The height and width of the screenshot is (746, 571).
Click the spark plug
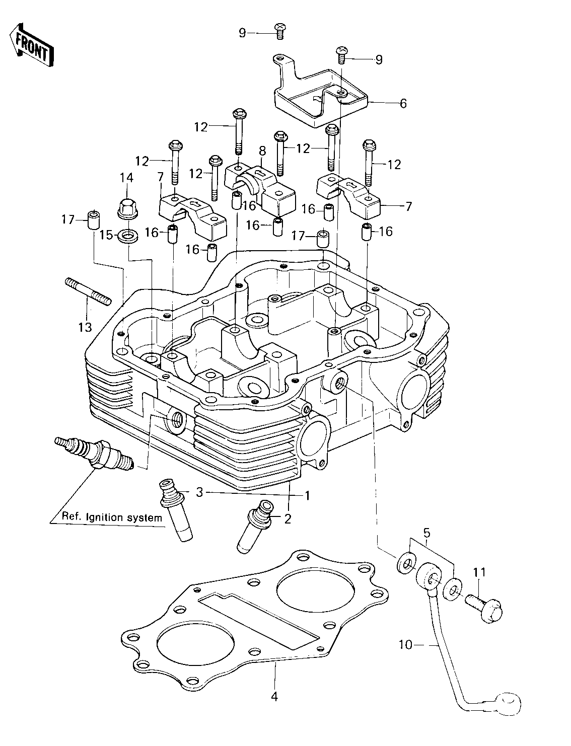pyautogui.click(x=94, y=454)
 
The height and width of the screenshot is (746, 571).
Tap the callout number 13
pyautogui.click(x=85, y=327)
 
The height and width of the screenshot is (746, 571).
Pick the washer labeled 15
pyautogui.click(x=128, y=236)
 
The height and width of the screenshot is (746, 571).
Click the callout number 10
pyautogui.click(x=405, y=644)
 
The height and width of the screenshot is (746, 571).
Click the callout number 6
pyautogui.click(x=403, y=103)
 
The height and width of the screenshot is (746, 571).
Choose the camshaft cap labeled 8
pyautogui.click(x=260, y=191)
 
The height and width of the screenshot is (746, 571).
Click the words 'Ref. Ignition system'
pyautogui.click(x=112, y=517)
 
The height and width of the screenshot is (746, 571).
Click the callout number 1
pyautogui.click(x=307, y=496)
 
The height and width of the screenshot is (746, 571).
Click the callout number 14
pyautogui.click(x=126, y=178)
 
